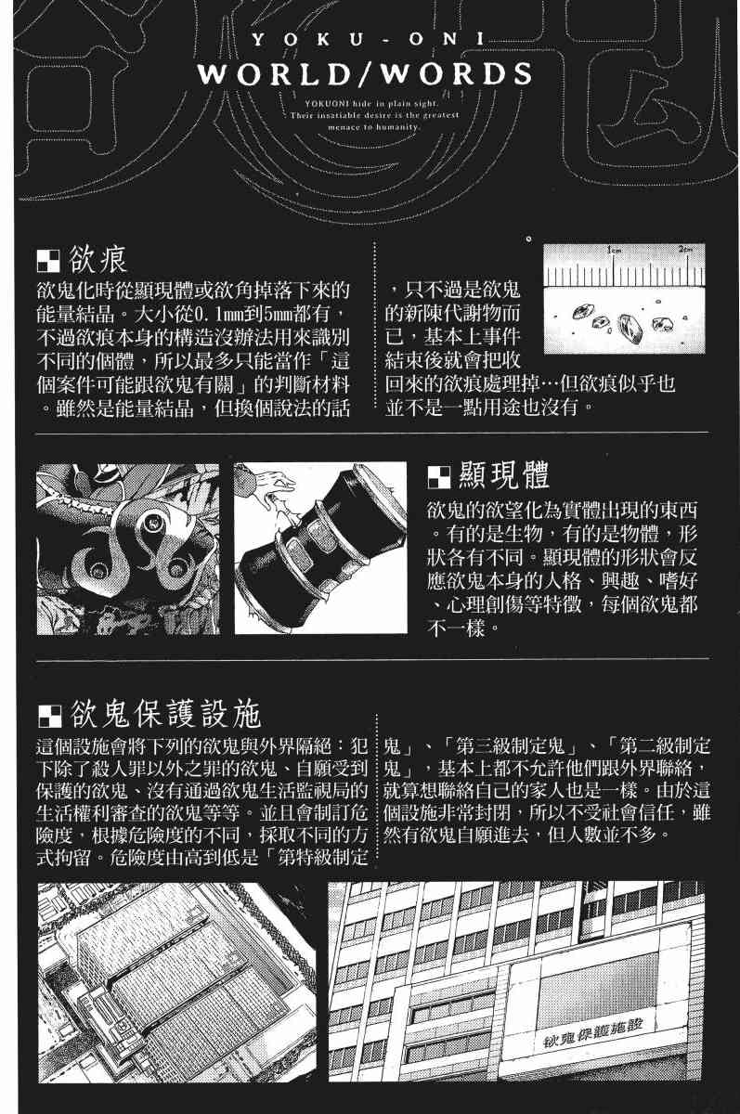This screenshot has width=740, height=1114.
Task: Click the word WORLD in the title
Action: coord(275,74)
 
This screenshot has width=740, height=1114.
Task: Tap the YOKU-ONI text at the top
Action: coord(368,39)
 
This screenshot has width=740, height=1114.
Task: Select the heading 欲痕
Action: coord(98,259)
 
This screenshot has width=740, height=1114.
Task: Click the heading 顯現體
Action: coord(503,475)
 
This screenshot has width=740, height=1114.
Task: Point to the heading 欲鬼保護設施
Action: coord(165,714)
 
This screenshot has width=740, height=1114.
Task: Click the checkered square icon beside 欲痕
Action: coord(48,261)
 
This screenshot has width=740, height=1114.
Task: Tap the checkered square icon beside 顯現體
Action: coord(438,477)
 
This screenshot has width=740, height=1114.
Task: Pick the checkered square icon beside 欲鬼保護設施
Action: coord(49,716)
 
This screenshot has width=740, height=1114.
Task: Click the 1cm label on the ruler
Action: coord(615,250)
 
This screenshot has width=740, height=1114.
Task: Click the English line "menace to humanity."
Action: coord(373,127)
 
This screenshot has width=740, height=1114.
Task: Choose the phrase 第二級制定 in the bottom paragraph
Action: coord(665,746)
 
